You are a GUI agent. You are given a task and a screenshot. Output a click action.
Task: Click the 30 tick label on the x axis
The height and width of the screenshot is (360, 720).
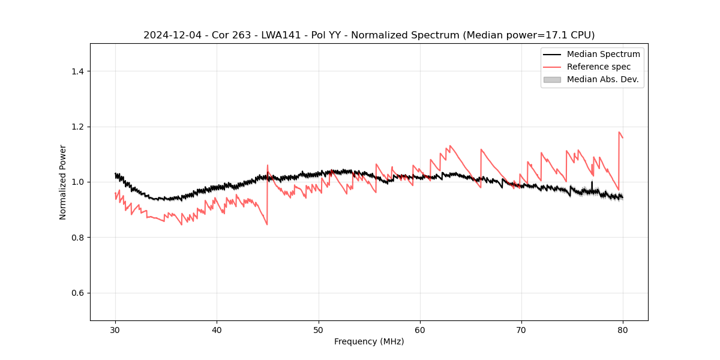tap(115, 329)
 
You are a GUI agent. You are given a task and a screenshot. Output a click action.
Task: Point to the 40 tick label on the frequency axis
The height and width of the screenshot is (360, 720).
tap(217, 329)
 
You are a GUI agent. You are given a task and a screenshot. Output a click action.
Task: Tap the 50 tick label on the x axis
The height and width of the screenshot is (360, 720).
tap(319, 329)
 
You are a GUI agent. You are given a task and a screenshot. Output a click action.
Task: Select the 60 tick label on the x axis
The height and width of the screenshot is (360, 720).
tap(420, 329)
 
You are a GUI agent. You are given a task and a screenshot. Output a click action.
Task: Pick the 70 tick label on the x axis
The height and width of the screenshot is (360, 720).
tap(521, 329)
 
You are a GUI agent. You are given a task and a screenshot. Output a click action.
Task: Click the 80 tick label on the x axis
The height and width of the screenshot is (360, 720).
tap(623, 329)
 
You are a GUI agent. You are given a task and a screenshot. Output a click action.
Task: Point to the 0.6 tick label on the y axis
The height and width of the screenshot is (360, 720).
tap(77, 293)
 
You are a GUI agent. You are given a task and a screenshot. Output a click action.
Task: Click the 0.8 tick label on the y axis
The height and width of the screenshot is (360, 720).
tap(77, 238)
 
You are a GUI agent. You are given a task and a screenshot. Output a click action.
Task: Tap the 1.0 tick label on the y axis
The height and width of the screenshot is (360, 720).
tap(77, 182)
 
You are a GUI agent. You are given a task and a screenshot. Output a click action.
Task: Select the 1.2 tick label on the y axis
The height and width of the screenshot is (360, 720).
tap(77, 127)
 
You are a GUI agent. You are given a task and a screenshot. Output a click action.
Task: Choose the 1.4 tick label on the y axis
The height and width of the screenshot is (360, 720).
tap(77, 71)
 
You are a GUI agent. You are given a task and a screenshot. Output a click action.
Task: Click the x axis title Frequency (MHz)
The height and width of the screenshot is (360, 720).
tap(369, 341)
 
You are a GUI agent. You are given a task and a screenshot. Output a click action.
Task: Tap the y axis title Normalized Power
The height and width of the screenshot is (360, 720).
tap(63, 182)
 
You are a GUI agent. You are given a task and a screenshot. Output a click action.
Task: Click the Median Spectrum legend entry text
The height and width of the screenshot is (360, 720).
tap(603, 54)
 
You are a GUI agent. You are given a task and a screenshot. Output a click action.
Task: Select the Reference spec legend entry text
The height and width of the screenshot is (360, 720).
tap(598, 67)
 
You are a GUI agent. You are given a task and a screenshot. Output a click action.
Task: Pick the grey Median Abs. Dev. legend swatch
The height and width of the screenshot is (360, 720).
tap(552, 79)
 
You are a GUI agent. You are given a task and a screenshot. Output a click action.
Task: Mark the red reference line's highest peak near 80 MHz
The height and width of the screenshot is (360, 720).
tap(619, 132)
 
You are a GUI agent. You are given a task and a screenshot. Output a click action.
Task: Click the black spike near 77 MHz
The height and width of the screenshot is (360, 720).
tap(592, 182)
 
